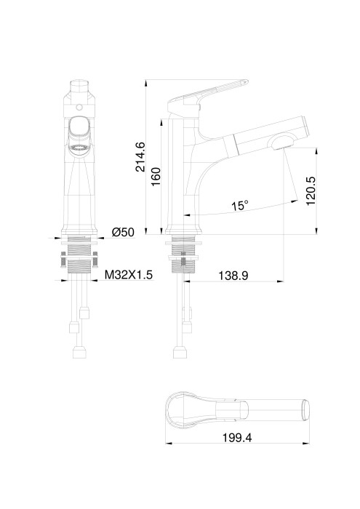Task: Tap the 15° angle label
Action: pyautogui.click(x=239, y=206)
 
